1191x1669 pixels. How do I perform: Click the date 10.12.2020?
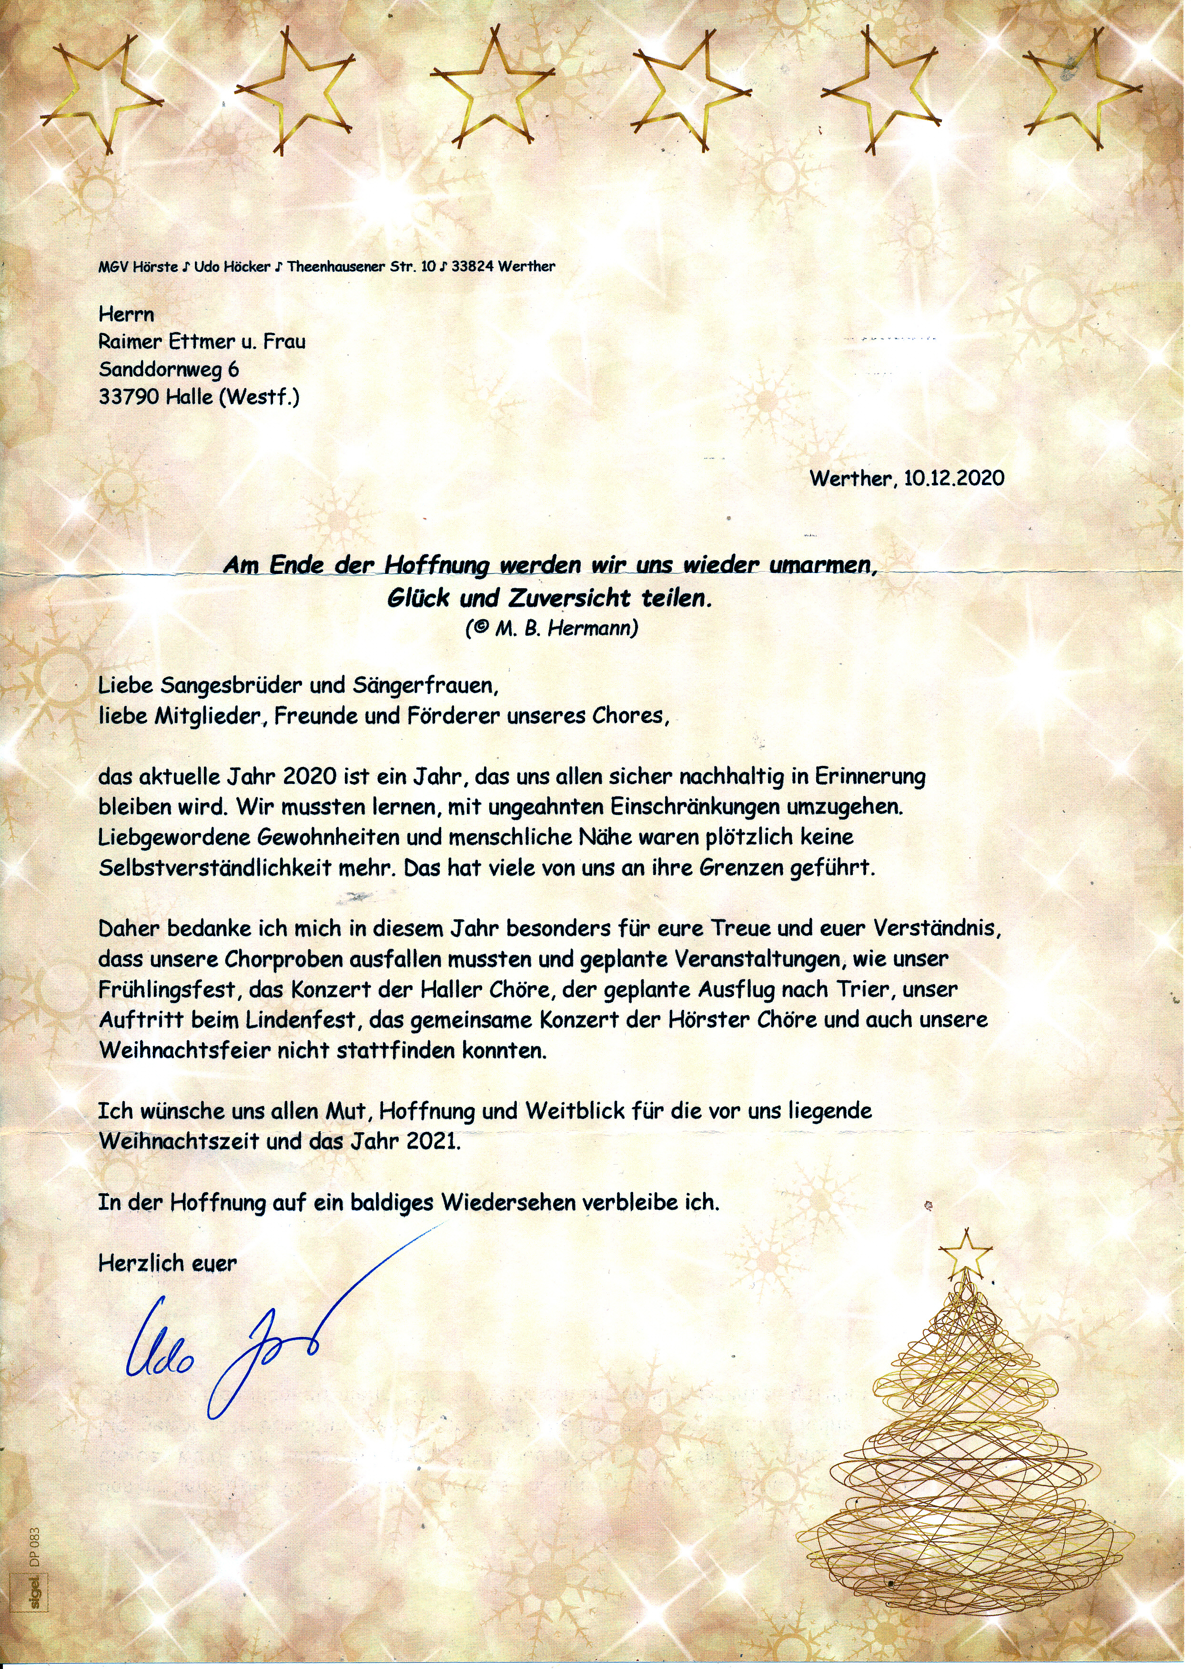(953, 479)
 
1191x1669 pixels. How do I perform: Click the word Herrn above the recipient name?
(126, 314)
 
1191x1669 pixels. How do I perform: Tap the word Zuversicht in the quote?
(561, 598)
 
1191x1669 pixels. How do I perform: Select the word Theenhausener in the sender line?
(337, 267)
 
